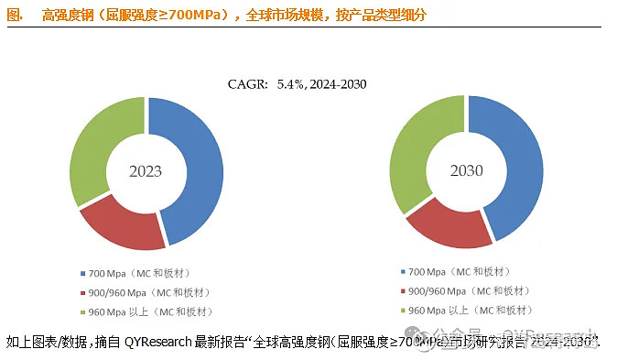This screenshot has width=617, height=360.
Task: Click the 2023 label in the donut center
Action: click(x=146, y=171)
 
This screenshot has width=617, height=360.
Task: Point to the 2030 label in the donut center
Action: click(x=466, y=171)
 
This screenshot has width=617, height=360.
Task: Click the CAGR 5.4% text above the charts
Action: click(x=297, y=85)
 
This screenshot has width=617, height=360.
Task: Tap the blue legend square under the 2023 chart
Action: click(x=82, y=273)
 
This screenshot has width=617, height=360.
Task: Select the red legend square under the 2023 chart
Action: click(x=82, y=292)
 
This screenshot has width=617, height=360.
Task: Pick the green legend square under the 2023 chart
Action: click(x=82, y=311)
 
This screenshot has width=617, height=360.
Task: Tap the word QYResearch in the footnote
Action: click(x=158, y=343)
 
